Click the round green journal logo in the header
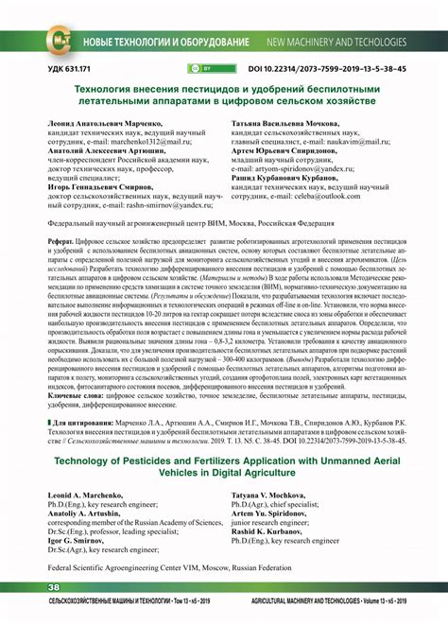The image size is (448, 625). pos(59,43)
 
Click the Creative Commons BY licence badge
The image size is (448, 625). pos(202,70)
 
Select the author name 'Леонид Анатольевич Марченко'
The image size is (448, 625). pos(108,124)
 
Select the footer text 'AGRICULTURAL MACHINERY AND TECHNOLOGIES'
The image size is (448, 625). pos(317,601)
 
